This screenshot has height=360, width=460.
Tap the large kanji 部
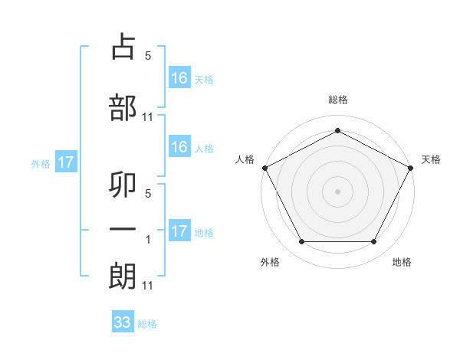point(123,107)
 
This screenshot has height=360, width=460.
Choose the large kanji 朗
point(123,277)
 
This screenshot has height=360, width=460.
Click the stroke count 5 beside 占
point(148,56)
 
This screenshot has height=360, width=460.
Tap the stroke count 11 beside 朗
point(148,286)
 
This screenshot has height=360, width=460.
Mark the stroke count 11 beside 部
point(148,117)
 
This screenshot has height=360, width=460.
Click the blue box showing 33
point(123,322)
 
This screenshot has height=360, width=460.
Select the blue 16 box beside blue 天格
point(179,77)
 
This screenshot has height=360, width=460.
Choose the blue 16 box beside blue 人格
point(179,147)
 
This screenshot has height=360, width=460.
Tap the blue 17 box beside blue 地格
point(179,231)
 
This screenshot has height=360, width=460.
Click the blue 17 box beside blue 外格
point(65,162)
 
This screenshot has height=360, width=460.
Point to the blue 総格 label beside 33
point(147,324)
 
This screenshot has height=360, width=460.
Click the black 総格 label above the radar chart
point(337,100)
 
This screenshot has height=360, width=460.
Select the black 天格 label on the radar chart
point(432,159)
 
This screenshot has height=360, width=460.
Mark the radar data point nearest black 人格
point(264,167)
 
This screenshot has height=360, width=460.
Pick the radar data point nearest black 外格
point(301,242)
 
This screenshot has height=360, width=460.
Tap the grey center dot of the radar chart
point(337,191)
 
